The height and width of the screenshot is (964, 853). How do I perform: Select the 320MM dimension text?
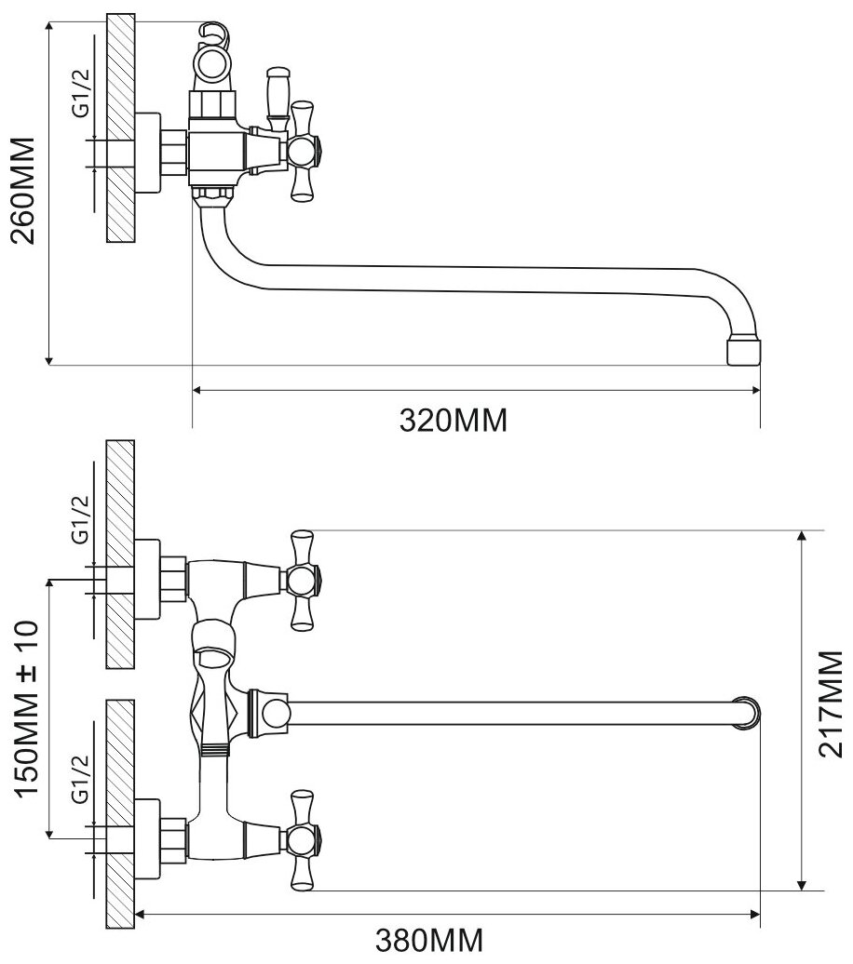tap(454, 421)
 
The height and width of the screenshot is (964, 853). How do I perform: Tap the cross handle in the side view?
tap(304, 151)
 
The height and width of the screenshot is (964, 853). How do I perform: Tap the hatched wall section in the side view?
tap(120, 130)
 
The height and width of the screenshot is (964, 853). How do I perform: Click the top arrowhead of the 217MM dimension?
tap(801, 537)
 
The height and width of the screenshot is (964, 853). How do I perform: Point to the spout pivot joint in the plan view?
tap(273, 713)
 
